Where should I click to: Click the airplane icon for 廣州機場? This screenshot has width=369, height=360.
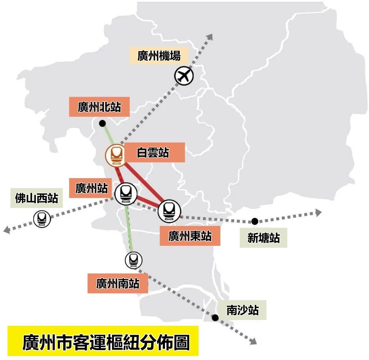pyautogui.click(x=184, y=76)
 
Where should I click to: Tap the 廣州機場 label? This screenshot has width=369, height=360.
pyautogui.click(x=159, y=55)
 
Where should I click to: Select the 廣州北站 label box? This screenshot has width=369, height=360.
pyautogui.click(x=99, y=107)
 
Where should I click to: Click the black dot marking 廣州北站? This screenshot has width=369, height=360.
pyautogui.click(x=102, y=123)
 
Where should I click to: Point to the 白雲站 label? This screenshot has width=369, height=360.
pyautogui.click(x=153, y=152)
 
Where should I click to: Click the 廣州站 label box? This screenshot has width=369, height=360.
pyautogui.click(x=91, y=188)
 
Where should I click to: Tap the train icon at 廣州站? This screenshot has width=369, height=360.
pyautogui.click(x=125, y=194)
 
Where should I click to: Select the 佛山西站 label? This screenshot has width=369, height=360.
pyautogui.click(x=37, y=198)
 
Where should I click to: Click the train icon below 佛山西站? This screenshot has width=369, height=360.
pyautogui.click(x=42, y=218)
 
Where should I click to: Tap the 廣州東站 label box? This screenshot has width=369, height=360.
pyautogui.click(x=190, y=236)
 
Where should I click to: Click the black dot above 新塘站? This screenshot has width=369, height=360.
pyautogui.click(x=255, y=221)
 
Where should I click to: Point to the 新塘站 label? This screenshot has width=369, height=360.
pyautogui.click(x=263, y=238)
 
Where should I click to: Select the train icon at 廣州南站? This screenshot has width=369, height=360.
pyautogui.click(x=133, y=261)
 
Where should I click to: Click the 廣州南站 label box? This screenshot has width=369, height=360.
pyautogui.click(x=118, y=283)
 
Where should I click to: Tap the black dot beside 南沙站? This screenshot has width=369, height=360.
pyautogui.click(x=215, y=318)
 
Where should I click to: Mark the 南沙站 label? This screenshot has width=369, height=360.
pyautogui.click(x=243, y=310)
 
